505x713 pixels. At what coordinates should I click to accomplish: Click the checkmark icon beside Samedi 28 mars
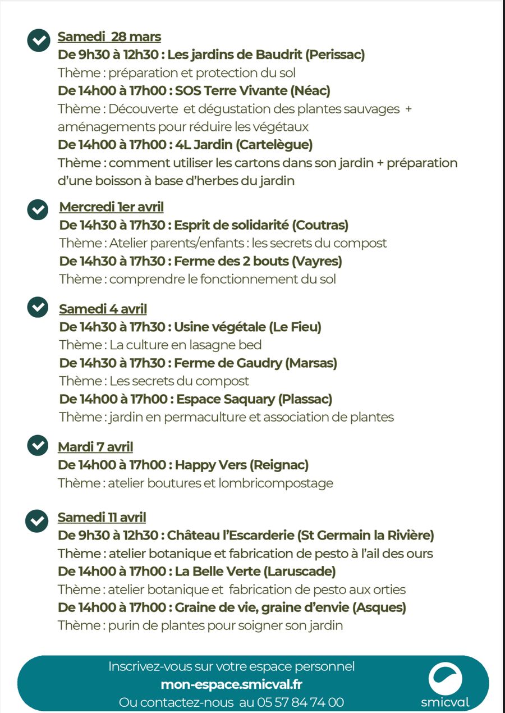coord(38,41)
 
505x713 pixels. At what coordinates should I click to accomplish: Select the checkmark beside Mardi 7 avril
coord(38,445)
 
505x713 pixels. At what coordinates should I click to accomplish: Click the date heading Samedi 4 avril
coord(103,309)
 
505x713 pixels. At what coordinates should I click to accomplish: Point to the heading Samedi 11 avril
coord(102,518)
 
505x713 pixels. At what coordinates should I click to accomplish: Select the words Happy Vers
coord(210,465)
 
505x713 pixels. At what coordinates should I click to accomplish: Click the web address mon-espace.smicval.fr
coord(231,684)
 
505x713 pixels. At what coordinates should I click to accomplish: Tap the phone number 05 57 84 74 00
coord(300,702)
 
